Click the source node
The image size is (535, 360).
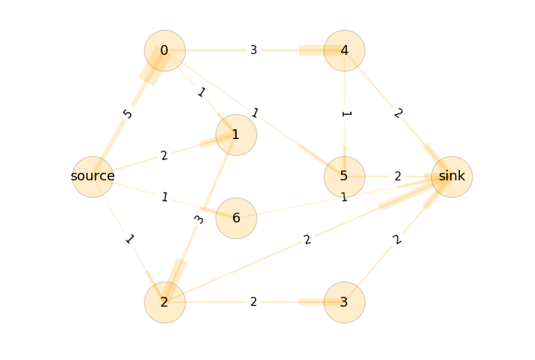click(x=92, y=177)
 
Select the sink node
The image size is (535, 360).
click(x=452, y=177)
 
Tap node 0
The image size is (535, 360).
click(x=165, y=50)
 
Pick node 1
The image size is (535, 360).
click(x=236, y=135)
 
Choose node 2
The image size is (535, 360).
click(x=165, y=302)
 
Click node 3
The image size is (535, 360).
click(x=344, y=302)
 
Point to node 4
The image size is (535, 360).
click(x=344, y=50)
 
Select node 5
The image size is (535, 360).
click(x=344, y=177)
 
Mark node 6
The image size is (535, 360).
click(x=236, y=218)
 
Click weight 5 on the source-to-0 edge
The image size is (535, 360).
click(x=128, y=113)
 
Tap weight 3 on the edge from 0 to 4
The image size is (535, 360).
click(x=254, y=50)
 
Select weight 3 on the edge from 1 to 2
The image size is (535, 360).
click(x=199, y=219)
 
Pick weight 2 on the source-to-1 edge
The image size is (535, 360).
click(x=164, y=156)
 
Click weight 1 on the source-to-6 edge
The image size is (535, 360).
click(x=164, y=198)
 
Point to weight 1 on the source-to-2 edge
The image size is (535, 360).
click(x=129, y=240)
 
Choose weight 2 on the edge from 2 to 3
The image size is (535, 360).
click(x=254, y=302)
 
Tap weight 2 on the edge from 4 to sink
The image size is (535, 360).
click(x=397, y=113)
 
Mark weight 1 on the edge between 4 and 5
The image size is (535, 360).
click(x=344, y=114)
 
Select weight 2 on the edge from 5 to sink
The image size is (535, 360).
click(x=397, y=177)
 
